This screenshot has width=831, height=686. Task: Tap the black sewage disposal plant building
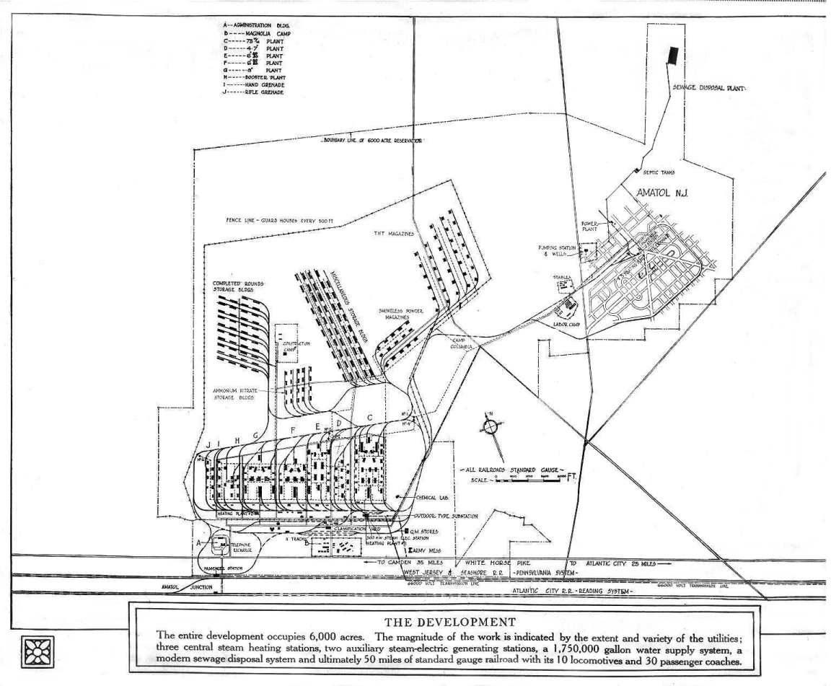coord(673,56)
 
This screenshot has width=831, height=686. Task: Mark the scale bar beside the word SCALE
coord(529,478)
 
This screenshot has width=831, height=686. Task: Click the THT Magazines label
coord(394,234)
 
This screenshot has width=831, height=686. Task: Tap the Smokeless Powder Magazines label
coord(400,314)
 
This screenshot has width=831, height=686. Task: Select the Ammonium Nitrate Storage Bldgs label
coord(234,394)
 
